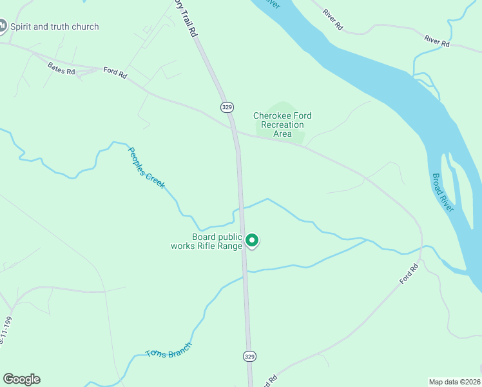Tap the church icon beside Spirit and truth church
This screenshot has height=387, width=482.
3,26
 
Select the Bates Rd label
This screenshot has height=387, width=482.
62,67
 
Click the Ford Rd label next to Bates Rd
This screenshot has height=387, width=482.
115,73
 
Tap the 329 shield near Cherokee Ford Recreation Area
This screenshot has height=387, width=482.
226,106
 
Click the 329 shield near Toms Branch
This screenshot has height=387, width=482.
249,355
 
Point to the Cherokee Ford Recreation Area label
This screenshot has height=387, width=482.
282,124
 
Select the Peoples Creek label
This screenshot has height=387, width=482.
146,168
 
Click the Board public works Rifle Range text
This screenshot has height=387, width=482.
207,241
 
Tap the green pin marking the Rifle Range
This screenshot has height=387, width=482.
252,241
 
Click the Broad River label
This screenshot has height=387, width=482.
445,192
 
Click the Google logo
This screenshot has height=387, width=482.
21,379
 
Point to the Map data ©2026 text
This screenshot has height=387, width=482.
455,381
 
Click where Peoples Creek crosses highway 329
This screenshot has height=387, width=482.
242,208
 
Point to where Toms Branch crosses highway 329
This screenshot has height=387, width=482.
246,272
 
